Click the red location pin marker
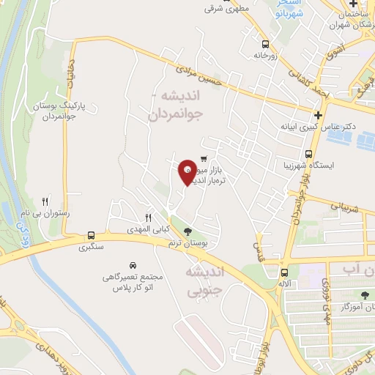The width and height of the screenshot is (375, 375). tap(187, 171)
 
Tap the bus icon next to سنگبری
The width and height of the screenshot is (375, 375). tap(91, 235)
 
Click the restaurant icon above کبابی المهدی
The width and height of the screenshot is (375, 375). tap(148, 218)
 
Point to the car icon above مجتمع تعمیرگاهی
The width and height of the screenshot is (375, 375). tap(132, 264)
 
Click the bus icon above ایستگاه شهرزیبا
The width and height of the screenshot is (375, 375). tap(309, 155)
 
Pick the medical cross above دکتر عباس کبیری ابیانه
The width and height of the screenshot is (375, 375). tap(316, 115)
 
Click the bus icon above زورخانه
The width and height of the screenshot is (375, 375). tap(265, 43)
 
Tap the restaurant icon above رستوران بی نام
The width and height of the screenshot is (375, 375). tap(45, 201)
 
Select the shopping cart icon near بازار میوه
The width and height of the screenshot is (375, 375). tap(203, 159)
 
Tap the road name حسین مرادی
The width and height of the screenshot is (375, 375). tap(199, 78)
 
